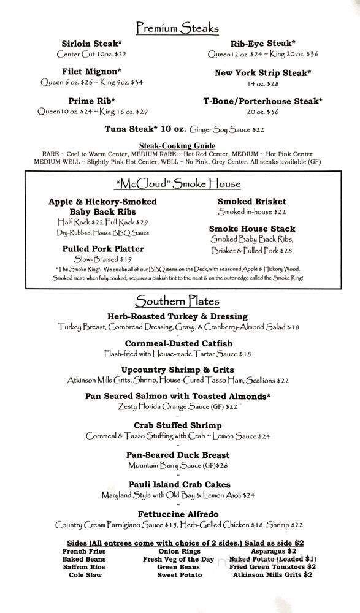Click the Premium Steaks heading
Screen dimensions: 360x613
coord(177,28)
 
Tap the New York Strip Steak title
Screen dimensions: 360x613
coord(262,73)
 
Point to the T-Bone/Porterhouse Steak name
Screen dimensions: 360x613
coord(262,101)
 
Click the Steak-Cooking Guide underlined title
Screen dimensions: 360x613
coord(179,145)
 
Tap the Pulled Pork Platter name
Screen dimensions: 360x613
coord(102,249)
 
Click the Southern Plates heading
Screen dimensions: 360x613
coord(177,301)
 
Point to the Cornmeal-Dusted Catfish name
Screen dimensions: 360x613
coord(177,343)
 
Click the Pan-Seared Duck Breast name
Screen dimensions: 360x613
coord(177,455)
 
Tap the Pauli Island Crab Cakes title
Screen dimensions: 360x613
coord(177,484)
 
